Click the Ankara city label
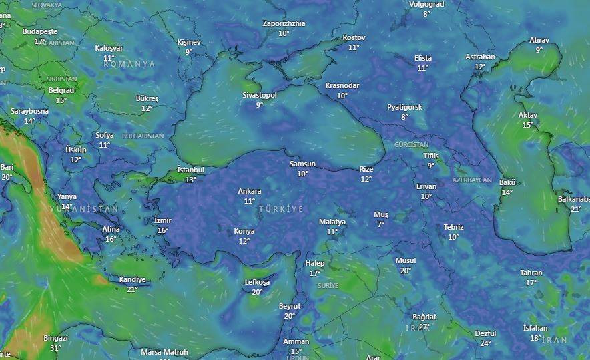coord(250,192)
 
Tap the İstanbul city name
coord(190,170)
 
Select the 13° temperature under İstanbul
coord(190,179)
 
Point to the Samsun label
coord(302,164)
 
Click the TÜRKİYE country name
coord(281,209)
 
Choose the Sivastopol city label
coord(259,95)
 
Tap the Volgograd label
coord(426,4)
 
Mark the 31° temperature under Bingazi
coord(55,348)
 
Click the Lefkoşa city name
coord(257,282)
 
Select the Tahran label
coord(531,273)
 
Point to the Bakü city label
coord(507,182)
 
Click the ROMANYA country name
coord(129,64)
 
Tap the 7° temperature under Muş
coord(381,224)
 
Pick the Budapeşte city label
coord(40,31)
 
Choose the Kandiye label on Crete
coord(132,279)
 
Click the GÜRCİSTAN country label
coord(411,144)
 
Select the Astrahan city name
coord(480,57)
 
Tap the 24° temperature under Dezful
coord(485,343)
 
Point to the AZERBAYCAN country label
coord(471,180)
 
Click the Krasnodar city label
coord(342,85)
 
